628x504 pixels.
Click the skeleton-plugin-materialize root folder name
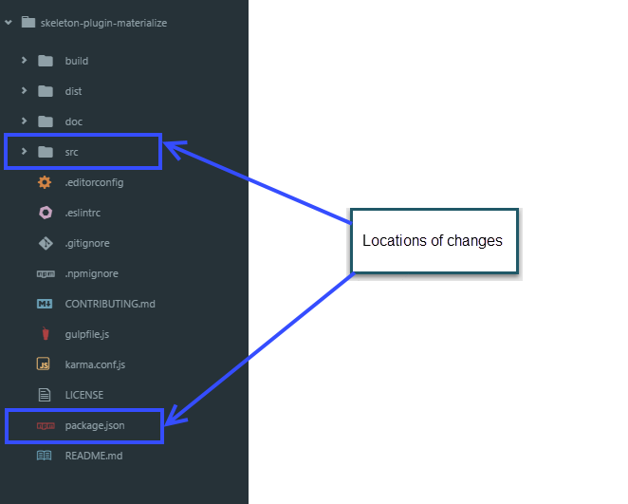(103, 23)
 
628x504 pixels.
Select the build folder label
(77, 61)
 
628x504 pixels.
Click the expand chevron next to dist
(24, 91)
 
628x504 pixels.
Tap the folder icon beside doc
(45, 121)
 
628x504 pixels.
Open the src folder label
(72, 152)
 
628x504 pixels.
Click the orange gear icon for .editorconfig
(45, 182)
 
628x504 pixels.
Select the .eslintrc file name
(83, 213)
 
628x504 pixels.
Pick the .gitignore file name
(87, 243)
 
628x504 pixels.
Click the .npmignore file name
(91, 273)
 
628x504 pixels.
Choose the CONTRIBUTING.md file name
(109, 304)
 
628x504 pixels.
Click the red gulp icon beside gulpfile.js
(45, 334)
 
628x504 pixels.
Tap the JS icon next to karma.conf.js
(44, 364)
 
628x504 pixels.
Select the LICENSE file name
(84, 395)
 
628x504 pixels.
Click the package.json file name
(95, 425)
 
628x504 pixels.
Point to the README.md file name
(94, 456)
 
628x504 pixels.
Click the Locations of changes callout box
(434, 241)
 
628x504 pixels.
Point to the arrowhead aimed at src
(172, 145)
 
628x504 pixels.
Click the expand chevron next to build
(24, 61)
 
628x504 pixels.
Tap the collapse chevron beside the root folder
(9, 23)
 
